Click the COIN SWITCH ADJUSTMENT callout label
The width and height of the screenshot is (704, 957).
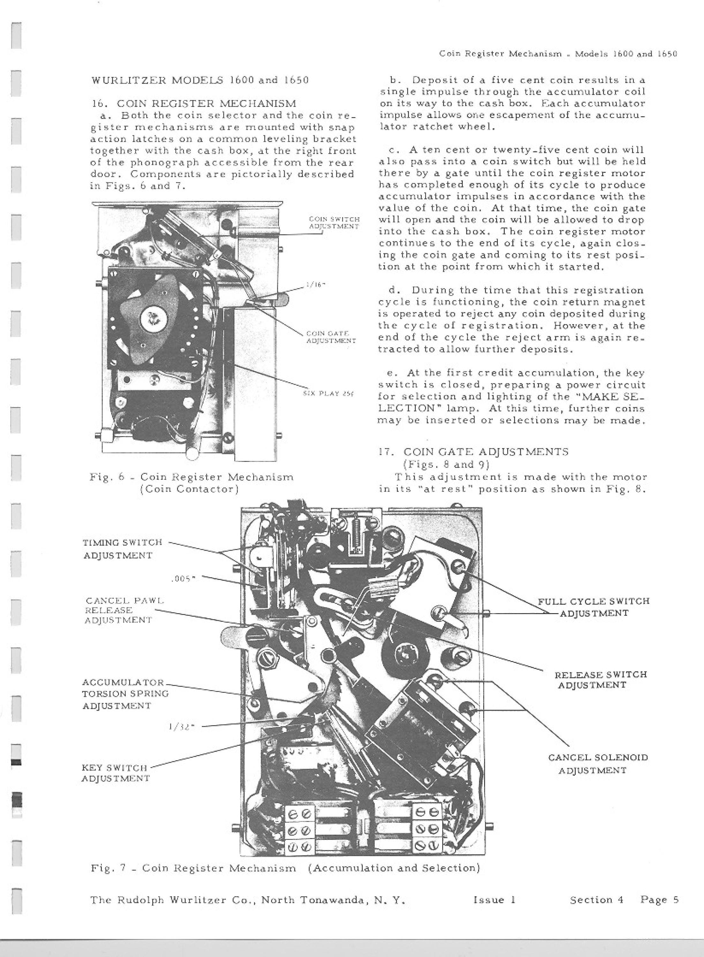334,223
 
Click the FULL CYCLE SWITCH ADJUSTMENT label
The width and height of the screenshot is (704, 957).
594,607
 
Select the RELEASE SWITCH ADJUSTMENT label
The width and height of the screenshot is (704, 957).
601,680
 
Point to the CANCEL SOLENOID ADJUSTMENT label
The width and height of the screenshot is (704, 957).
597,764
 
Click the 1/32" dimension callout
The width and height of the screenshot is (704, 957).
182,727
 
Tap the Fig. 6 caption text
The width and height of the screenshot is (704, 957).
192,483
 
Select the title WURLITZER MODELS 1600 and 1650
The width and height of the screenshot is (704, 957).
199,80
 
